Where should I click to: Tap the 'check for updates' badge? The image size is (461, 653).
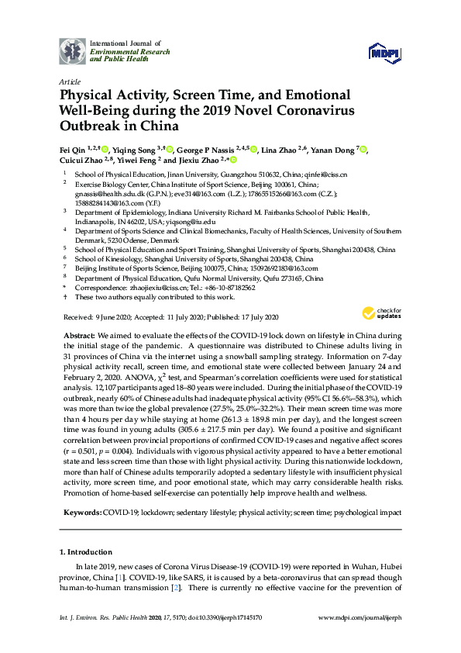(379, 313)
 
